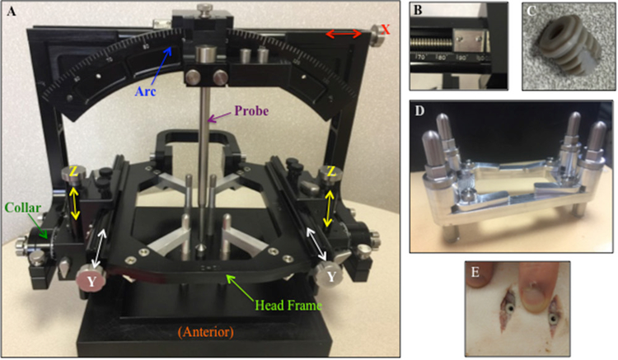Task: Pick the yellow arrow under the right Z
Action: (x=330, y=202)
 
